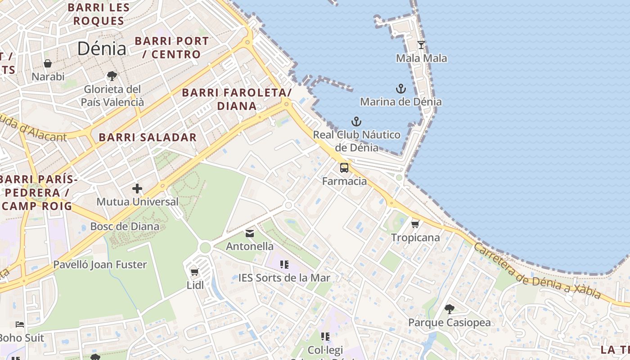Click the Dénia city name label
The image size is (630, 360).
(x=102, y=48)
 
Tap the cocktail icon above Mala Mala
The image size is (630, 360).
(x=421, y=45)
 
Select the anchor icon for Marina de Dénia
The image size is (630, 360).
(x=400, y=88)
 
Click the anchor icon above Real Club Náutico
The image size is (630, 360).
(x=356, y=121)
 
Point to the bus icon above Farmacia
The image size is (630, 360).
(x=344, y=168)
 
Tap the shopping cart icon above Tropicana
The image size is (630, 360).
(x=415, y=224)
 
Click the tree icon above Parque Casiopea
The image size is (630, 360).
(x=449, y=309)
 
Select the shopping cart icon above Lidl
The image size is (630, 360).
(x=195, y=271)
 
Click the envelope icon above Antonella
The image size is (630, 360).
(x=250, y=233)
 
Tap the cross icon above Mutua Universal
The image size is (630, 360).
(x=137, y=189)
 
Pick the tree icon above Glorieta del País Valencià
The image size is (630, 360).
(x=112, y=76)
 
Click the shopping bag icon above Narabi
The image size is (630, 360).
(x=48, y=63)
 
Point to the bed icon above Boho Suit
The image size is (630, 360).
(x=20, y=324)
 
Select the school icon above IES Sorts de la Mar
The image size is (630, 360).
(x=284, y=264)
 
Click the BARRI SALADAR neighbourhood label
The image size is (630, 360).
(x=148, y=137)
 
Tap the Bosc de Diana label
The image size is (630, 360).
(x=125, y=226)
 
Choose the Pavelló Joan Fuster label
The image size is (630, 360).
(x=100, y=264)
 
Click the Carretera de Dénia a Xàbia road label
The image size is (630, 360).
(x=537, y=272)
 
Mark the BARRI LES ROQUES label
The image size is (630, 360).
(x=99, y=14)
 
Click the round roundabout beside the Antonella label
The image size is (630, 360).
(x=205, y=247)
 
